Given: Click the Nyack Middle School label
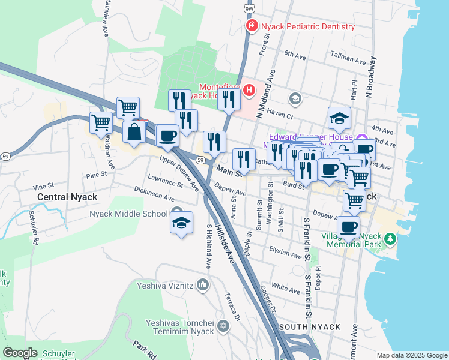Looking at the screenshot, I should tap(128, 214).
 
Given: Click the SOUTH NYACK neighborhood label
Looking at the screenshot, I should tap(310, 327).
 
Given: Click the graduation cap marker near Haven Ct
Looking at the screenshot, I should tap(339, 118).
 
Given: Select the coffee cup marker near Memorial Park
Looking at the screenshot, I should tap(348, 227).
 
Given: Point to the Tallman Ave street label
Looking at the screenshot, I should tap(349, 61).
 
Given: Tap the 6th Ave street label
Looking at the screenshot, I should tap(295, 55).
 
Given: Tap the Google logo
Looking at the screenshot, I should tap(20, 353).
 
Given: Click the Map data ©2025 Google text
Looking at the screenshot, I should tap(411, 355).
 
